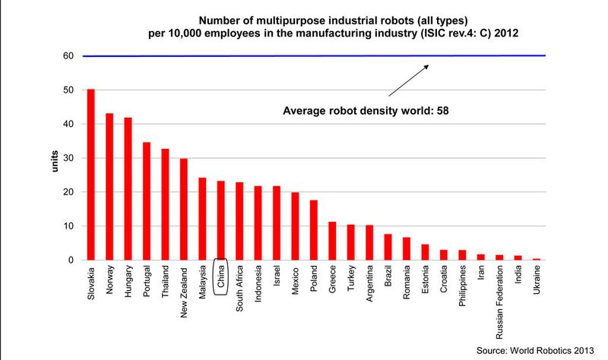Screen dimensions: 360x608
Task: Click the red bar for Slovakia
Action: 91,175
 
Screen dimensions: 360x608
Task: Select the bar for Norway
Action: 109,187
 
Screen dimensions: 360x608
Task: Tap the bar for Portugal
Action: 147,201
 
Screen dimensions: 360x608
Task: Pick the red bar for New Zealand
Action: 184,210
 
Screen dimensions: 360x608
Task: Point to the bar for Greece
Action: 332,241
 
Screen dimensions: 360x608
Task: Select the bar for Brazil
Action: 388,247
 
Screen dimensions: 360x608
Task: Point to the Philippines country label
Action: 462,287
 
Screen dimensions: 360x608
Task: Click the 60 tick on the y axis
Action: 67,56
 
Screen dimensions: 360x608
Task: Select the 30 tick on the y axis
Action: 67,158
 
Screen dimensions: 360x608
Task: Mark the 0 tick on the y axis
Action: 69,261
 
